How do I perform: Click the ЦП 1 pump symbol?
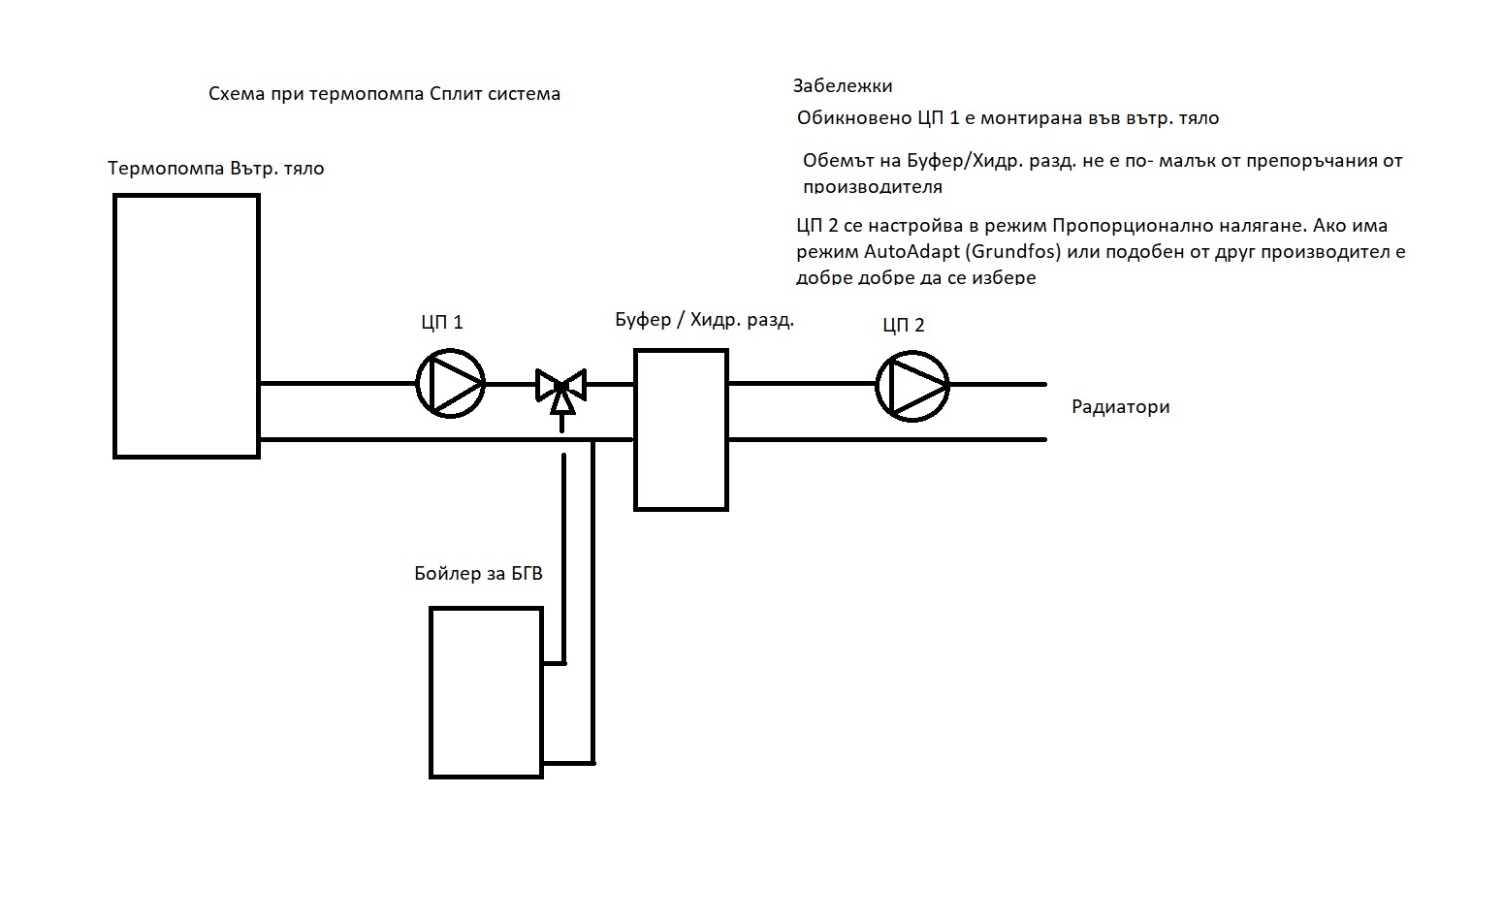(450, 384)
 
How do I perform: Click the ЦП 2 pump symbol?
(911, 385)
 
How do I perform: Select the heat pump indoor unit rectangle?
(186, 326)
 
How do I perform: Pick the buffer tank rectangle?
(681, 429)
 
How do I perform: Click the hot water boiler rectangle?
(486, 692)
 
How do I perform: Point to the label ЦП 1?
(441, 322)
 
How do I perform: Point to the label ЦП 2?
(903, 325)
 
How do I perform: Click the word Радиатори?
(1120, 407)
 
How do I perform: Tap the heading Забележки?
(842, 85)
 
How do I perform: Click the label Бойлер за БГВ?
(478, 574)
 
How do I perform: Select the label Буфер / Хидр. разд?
(704, 320)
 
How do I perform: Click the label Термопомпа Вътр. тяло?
(215, 169)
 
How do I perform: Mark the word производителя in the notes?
(872, 186)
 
